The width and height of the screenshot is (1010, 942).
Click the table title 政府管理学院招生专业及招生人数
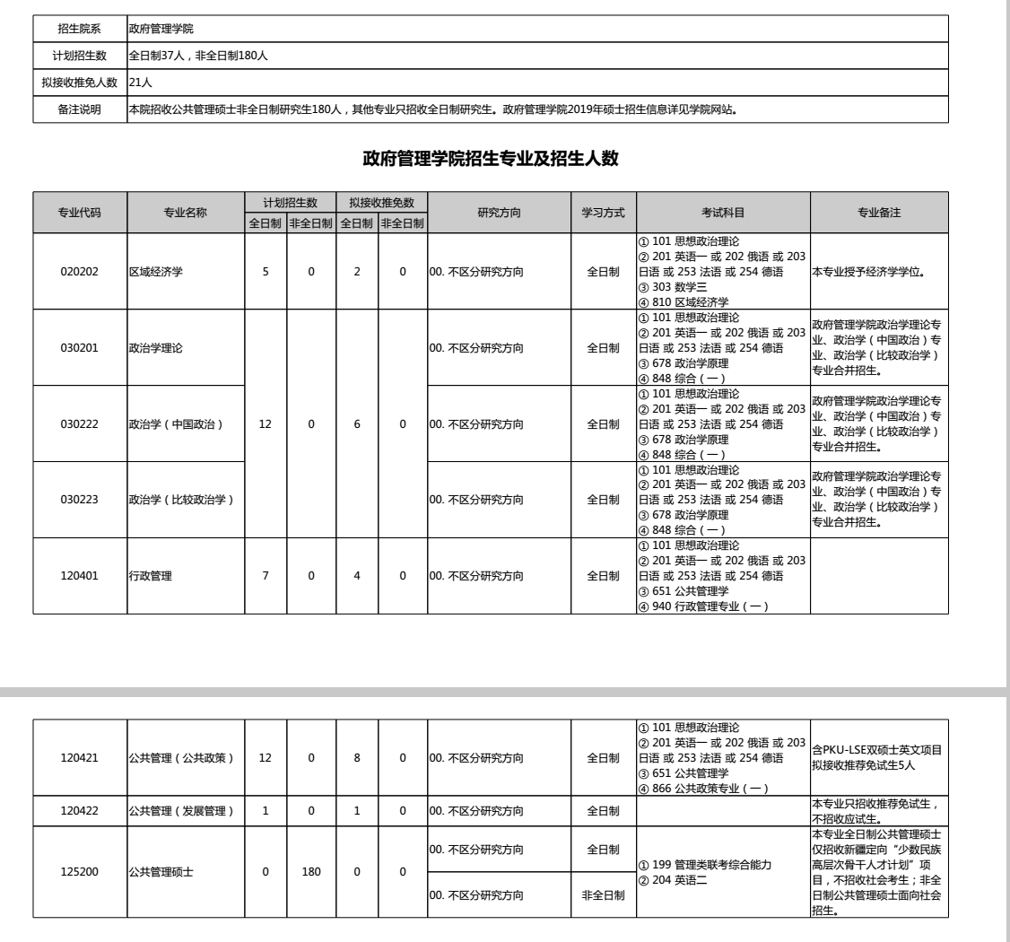click(x=492, y=159)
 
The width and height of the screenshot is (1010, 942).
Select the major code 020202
click(x=79, y=272)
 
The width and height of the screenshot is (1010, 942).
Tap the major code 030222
click(x=79, y=423)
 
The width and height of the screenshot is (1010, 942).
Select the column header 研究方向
click(x=500, y=213)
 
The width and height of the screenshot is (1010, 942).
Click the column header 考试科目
click(x=723, y=213)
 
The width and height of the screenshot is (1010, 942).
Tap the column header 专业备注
click(x=879, y=213)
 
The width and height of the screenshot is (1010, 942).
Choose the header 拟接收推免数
click(x=380, y=203)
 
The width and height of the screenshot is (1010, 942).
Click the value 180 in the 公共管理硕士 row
click(x=311, y=871)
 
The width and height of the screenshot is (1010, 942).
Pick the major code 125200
click(x=79, y=871)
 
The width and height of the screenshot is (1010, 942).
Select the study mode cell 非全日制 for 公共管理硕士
click(x=604, y=895)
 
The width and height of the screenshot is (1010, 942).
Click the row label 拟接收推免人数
click(x=80, y=83)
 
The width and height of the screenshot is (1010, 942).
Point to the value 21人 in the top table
click(x=140, y=83)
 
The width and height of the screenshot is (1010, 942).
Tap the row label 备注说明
click(x=80, y=111)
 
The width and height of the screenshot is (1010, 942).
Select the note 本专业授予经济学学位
click(x=868, y=272)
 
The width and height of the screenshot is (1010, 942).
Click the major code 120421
click(x=79, y=757)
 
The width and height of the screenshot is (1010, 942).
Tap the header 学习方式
click(x=604, y=213)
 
